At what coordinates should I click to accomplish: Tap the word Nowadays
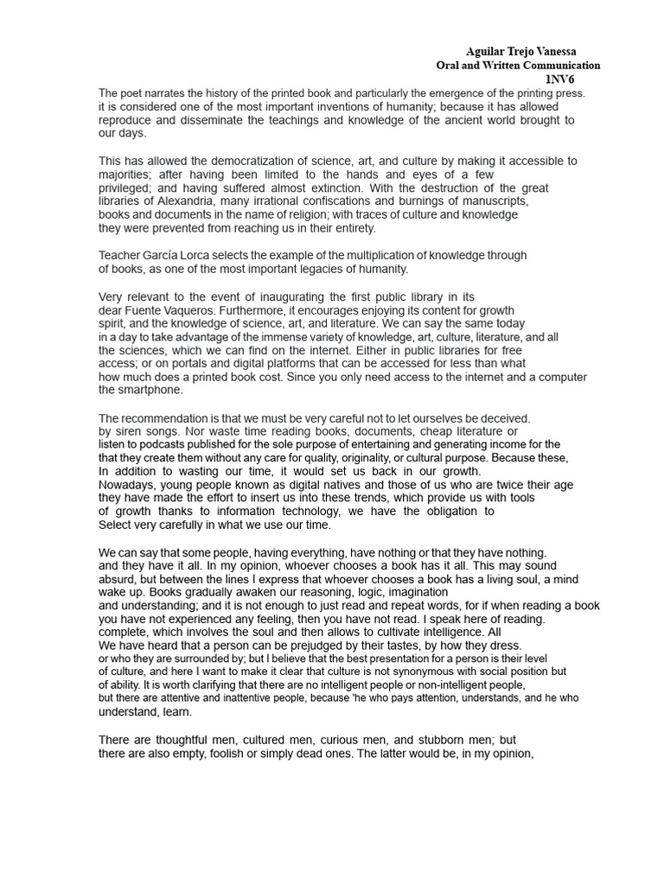click(129, 485)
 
